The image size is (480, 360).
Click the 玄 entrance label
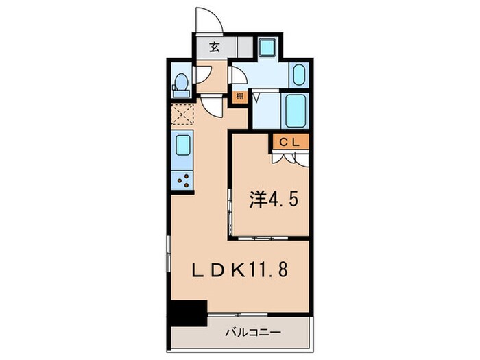[213, 48]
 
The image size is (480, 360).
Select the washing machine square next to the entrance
[267, 47]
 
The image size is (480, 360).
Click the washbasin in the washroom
[300, 74]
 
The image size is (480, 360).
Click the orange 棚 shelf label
[239, 97]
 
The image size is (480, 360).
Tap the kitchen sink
[183, 146]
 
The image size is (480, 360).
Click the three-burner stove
[184, 180]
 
